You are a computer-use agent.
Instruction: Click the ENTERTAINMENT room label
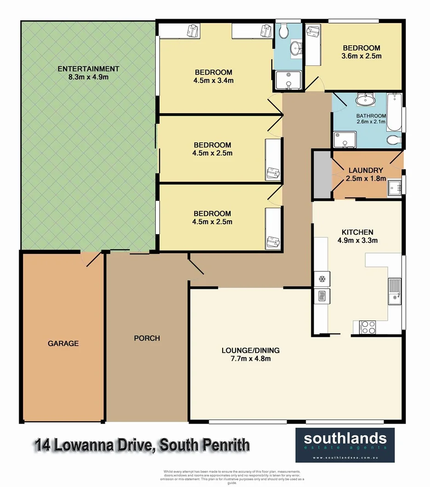click(x=88, y=69)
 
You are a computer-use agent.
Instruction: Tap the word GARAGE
click(x=63, y=343)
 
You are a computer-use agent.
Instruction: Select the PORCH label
click(x=147, y=338)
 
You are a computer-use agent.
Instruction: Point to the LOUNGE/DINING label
click(x=250, y=350)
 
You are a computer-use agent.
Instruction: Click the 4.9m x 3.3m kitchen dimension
click(x=356, y=240)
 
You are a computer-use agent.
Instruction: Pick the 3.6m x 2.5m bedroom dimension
click(x=361, y=56)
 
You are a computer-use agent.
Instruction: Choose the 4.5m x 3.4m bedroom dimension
click(x=213, y=80)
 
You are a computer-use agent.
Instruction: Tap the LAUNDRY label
click(x=366, y=170)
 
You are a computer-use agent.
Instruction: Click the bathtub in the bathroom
click(x=395, y=113)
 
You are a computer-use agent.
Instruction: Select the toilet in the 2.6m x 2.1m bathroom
click(x=394, y=140)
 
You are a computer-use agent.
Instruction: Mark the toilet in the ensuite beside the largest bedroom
click(x=284, y=31)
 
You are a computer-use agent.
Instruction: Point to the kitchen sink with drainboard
click(x=394, y=292)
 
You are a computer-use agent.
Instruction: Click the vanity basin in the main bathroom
click(x=366, y=100)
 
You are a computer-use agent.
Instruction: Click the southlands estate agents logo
click(x=344, y=445)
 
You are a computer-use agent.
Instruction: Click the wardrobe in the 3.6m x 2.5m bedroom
click(x=314, y=44)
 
